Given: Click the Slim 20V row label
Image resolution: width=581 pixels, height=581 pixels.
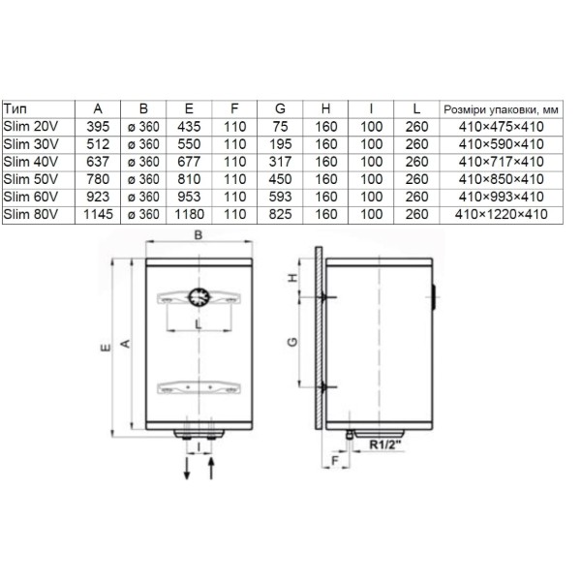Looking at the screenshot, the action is pos(31,127).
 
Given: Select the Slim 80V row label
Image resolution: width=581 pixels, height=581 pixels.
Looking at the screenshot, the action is pos(31,214).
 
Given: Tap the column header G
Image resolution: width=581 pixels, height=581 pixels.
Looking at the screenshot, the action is pos(280,108).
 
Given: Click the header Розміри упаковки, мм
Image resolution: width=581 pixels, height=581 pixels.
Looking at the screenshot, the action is pos(501,109).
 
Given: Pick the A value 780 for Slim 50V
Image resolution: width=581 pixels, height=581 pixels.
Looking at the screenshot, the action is pos(98,179).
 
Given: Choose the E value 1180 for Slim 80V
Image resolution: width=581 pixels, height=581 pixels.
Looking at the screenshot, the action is pos(189,214).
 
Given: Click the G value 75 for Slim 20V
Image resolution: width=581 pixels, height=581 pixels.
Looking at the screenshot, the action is pos(280,127).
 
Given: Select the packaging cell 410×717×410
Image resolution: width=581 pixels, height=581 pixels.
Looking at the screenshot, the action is pos(501,162).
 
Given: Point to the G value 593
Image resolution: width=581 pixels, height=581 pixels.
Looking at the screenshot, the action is pos(280,197).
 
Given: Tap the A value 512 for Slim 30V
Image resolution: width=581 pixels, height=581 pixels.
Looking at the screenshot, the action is pos(98,144).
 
